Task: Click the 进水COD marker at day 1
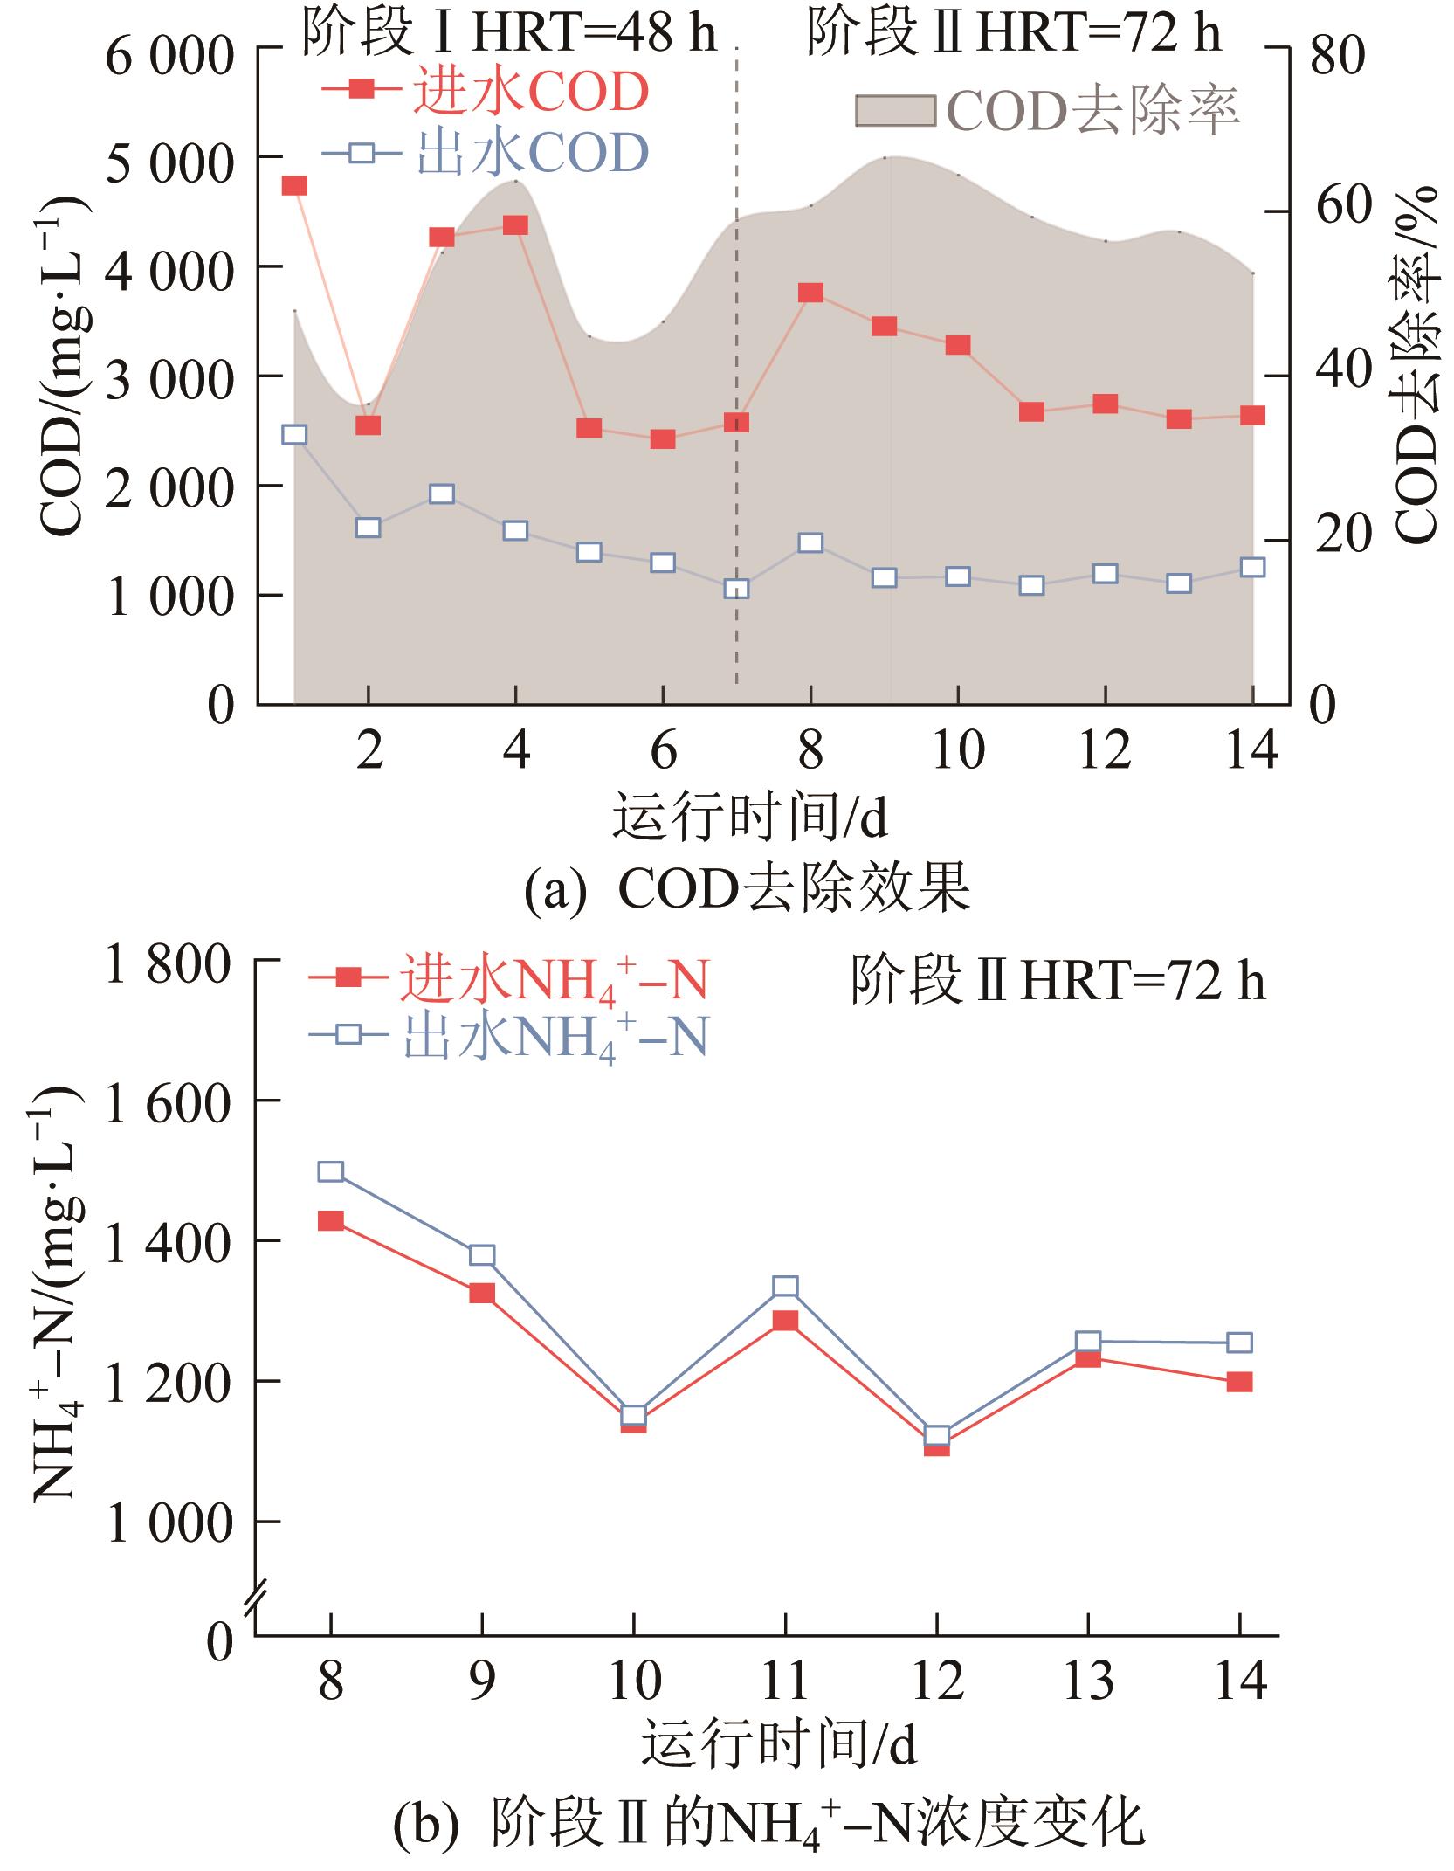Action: point(294,186)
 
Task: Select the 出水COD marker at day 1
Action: point(294,435)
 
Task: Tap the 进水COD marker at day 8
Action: point(810,293)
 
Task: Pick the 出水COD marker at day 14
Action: point(1252,568)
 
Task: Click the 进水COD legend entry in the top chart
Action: point(485,92)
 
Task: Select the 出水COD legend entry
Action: point(485,154)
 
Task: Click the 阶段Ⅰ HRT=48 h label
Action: point(509,32)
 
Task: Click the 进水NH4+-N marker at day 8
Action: point(330,1221)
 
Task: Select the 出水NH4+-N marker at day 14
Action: point(1238,1343)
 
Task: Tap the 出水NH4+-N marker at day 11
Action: point(785,1287)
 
